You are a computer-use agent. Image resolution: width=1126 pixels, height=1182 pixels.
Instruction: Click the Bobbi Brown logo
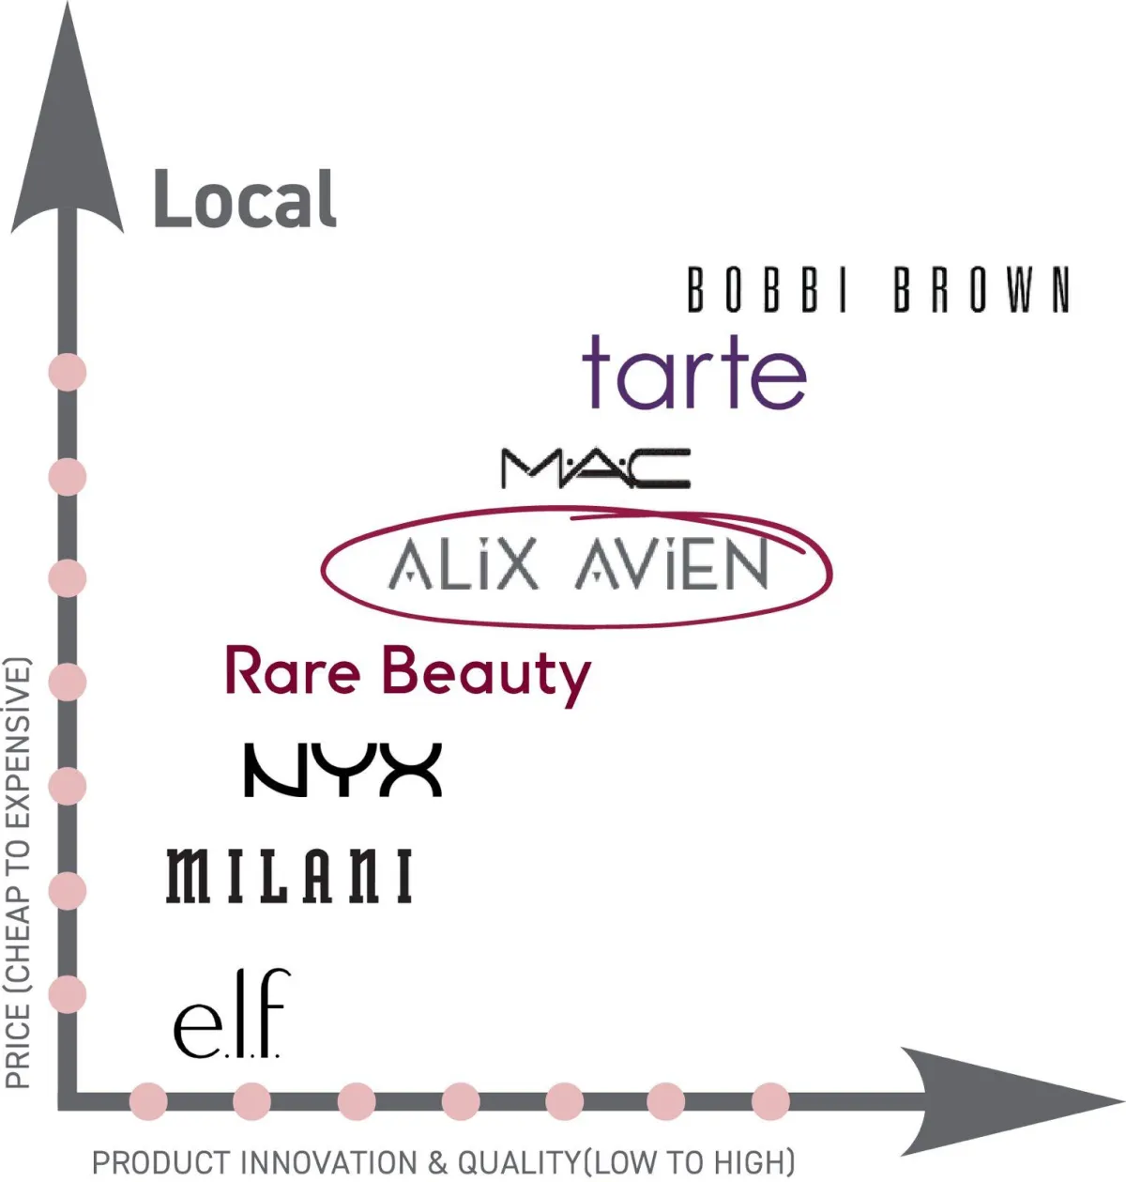(x=878, y=289)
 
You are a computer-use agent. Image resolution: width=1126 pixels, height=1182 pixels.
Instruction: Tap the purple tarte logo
(x=693, y=373)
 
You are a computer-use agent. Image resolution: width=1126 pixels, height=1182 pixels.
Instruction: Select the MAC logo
(x=596, y=468)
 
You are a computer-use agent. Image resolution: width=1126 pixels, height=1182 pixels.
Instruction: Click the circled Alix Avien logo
(x=576, y=566)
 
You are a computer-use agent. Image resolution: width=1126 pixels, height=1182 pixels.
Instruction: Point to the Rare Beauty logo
(x=407, y=673)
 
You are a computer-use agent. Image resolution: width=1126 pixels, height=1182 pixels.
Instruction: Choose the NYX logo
(x=342, y=770)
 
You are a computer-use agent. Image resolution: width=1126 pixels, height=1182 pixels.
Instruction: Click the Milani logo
(x=289, y=876)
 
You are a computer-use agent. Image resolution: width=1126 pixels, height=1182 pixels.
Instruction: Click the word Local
(x=244, y=199)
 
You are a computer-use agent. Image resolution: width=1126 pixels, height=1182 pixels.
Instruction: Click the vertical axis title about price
(x=19, y=873)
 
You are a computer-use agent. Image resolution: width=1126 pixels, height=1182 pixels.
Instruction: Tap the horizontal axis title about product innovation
(x=443, y=1162)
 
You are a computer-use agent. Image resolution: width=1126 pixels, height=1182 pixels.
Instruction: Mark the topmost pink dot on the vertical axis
(x=67, y=372)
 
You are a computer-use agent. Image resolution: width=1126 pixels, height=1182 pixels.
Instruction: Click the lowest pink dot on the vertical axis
(x=67, y=993)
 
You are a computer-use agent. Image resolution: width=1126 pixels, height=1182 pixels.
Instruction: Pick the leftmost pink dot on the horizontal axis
(x=148, y=1100)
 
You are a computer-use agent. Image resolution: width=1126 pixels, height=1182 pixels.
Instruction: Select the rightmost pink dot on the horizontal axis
(x=770, y=1100)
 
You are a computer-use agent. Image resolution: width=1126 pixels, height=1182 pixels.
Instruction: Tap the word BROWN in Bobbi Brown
(x=981, y=289)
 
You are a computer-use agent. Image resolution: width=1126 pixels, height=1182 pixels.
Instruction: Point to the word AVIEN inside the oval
(x=673, y=566)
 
